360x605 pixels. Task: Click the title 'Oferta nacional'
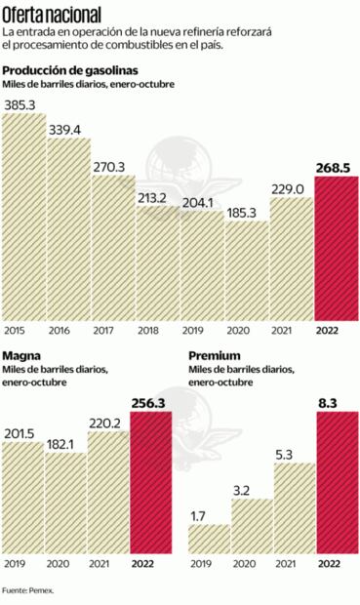[x=56, y=17]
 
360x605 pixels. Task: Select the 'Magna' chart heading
[x=21, y=357]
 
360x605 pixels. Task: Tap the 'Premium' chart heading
[x=214, y=357]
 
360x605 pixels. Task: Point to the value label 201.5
[x=22, y=432]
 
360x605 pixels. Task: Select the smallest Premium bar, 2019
[x=208, y=539]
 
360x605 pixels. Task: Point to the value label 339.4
[x=68, y=128]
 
